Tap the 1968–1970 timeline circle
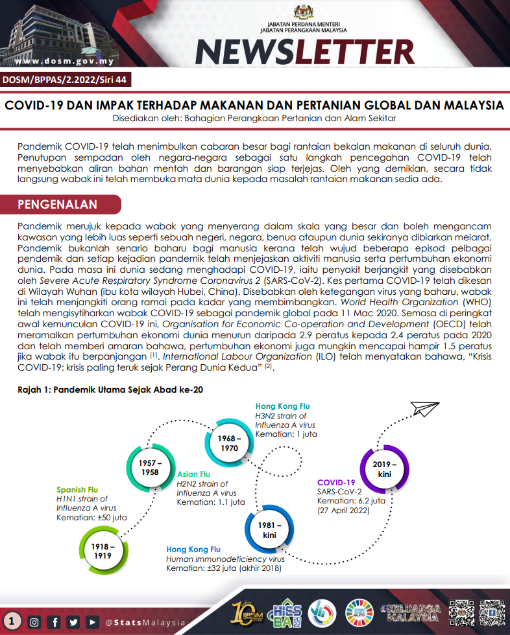coord(229,444)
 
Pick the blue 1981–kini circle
coord(269,529)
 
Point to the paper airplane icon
coord(424,409)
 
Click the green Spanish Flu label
coord(77,489)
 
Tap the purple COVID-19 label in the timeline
coord(336,482)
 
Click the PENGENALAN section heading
coord(58,205)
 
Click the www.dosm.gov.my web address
coord(64,62)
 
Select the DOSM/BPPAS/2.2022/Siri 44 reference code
coord(64,81)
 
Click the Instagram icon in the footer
coord(34,622)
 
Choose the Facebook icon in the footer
coord(55,622)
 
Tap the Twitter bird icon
coord(74,622)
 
